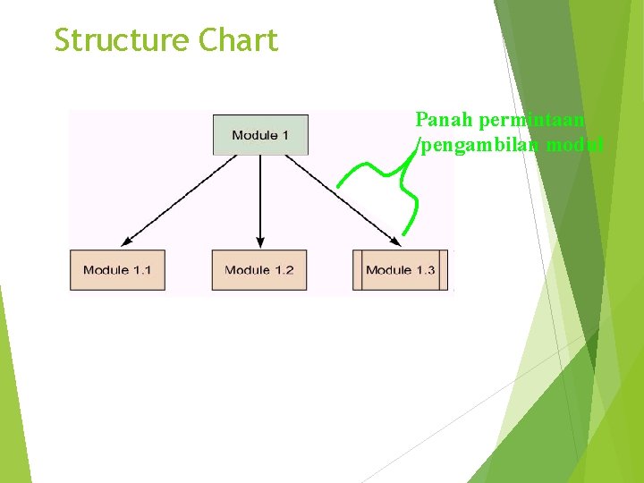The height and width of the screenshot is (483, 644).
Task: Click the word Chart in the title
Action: pos(239,41)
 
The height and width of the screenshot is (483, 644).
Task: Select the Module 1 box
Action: pos(260,135)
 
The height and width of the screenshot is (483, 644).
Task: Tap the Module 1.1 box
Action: pos(117,270)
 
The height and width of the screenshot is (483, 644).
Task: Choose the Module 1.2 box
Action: pos(259,270)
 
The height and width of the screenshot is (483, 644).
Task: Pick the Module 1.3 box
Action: pos(400,270)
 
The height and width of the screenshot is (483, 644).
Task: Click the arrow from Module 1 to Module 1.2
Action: pos(259,197)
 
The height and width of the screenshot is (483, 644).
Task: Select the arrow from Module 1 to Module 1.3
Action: pos(335,196)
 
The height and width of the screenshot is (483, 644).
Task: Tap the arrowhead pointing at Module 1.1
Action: pos(126,240)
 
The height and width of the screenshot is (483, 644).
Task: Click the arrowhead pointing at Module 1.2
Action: pos(259,241)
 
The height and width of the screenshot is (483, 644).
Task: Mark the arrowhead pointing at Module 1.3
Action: pos(394,240)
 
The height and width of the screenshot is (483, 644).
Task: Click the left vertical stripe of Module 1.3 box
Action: pos(357,270)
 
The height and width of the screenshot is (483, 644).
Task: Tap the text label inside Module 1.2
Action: pos(259,270)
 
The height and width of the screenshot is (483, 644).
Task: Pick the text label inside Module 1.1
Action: pos(117,270)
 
